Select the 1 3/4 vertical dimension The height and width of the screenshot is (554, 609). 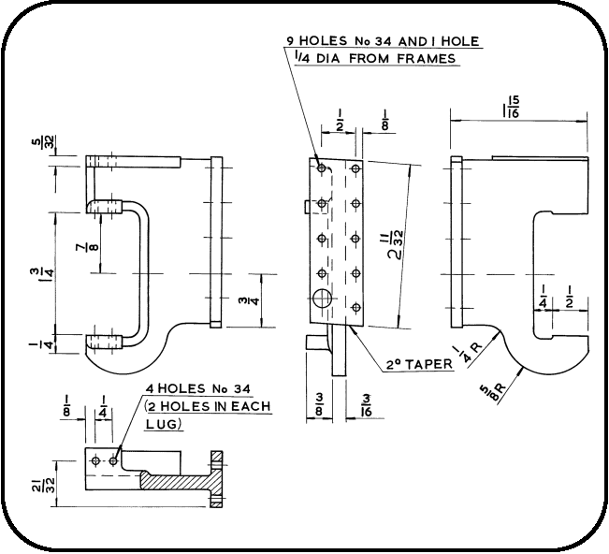pos(35,272)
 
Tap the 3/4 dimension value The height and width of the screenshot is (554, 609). pos(243,300)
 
